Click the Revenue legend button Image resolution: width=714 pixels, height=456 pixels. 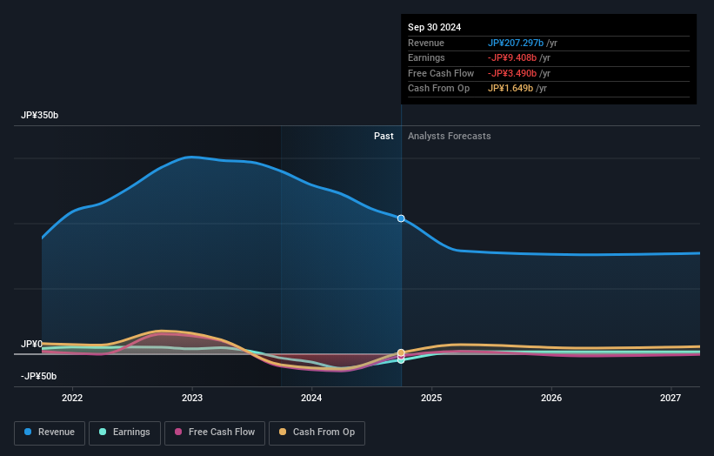point(50,433)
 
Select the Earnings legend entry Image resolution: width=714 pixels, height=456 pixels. point(124,433)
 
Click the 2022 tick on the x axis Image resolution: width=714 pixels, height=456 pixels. point(72,399)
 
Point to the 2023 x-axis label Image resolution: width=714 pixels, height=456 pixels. point(192,399)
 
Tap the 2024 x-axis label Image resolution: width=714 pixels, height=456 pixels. point(311,399)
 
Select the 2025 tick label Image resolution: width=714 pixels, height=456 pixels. point(431,399)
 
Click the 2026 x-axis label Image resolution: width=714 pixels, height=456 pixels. point(551,399)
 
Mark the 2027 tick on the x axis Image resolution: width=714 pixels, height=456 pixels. point(671,399)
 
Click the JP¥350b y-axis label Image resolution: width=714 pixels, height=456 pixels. point(40,116)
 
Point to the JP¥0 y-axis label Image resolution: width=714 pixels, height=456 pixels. point(31,344)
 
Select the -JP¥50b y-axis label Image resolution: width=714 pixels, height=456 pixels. point(39,376)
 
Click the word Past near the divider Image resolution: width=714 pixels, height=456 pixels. point(384,136)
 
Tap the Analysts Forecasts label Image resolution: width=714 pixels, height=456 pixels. point(449,136)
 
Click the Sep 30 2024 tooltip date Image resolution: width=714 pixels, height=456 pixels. point(434,27)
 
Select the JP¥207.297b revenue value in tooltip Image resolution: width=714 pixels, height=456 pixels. point(516,43)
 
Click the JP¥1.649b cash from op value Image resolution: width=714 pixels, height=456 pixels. point(510,88)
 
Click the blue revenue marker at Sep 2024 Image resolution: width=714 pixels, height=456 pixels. point(401,218)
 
